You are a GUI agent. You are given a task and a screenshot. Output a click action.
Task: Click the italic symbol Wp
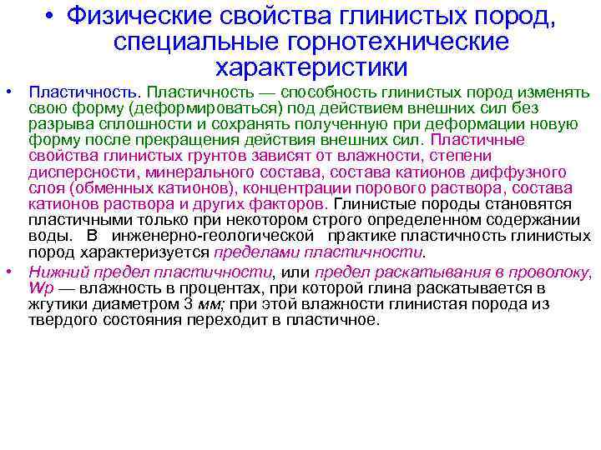pyautogui.click(x=40, y=287)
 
